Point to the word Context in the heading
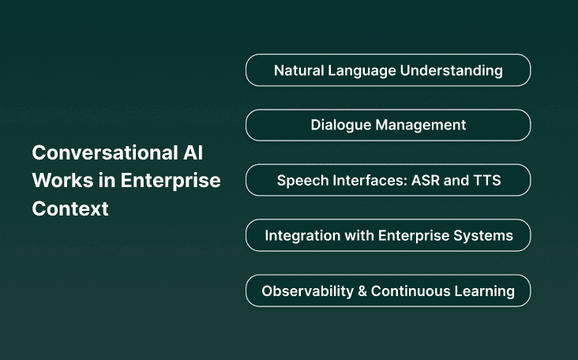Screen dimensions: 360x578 (x=70, y=209)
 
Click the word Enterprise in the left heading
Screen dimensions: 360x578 (x=170, y=180)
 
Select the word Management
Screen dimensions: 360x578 (x=422, y=125)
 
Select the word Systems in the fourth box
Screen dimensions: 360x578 (x=485, y=235)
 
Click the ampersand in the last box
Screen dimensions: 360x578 (x=362, y=291)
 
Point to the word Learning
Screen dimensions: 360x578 (x=484, y=291)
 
